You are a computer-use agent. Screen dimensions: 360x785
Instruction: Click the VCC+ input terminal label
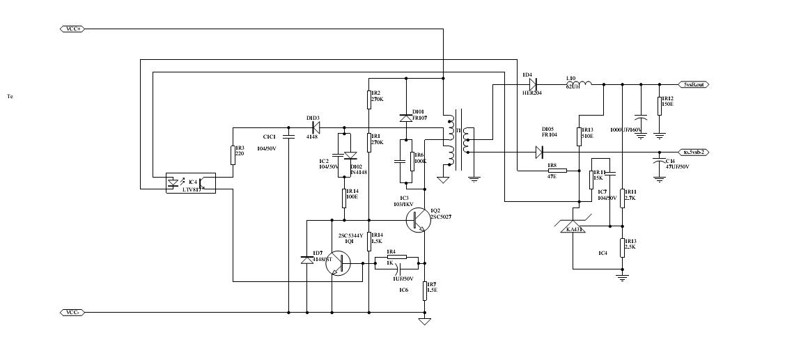[x=72, y=29]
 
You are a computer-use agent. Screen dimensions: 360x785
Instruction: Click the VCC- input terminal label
[x=72, y=312]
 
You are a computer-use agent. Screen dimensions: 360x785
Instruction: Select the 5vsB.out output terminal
[x=694, y=84]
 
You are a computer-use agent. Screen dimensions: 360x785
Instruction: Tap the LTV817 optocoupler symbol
[x=189, y=182]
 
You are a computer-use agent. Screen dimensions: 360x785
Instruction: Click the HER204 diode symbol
[x=532, y=84]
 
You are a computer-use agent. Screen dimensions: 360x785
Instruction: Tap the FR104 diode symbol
[x=538, y=152]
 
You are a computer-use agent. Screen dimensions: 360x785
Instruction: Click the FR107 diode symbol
[x=406, y=118]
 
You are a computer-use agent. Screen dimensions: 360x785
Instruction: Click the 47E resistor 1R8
[x=557, y=170]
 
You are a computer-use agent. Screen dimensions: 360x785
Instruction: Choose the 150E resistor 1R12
[x=659, y=105]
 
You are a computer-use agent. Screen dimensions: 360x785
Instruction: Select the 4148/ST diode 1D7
[x=306, y=259]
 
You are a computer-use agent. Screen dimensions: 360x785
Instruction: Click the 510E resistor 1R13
[x=579, y=135]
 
